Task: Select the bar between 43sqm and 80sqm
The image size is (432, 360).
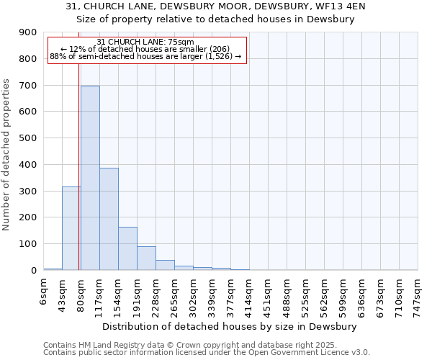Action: [x=71, y=228]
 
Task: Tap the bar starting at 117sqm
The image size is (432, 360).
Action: [x=109, y=219]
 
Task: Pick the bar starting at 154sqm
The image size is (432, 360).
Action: [x=127, y=248]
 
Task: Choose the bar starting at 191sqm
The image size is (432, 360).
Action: [x=146, y=258]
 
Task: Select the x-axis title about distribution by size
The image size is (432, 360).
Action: [x=230, y=326]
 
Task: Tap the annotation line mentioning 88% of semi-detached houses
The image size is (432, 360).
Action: [x=146, y=57]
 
